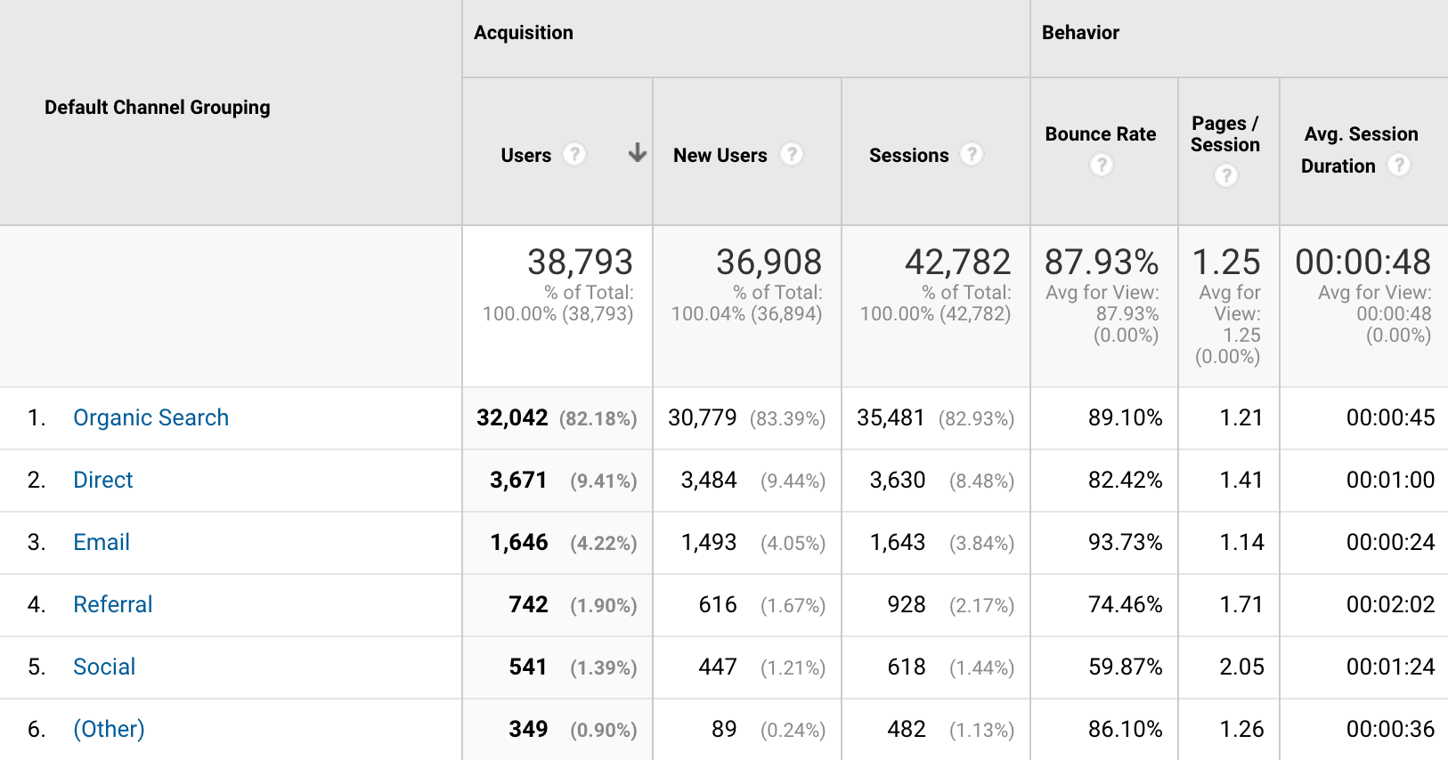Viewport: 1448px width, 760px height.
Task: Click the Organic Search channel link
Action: coord(150,417)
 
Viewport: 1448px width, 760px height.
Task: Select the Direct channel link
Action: coord(102,480)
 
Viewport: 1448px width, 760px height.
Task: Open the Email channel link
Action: coord(102,542)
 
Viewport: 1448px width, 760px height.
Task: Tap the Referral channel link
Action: coord(112,604)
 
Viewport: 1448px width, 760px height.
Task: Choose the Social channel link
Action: coord(104,667)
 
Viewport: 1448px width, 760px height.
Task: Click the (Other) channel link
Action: coord(109,729)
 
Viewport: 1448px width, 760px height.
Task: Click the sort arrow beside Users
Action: coord(637,153)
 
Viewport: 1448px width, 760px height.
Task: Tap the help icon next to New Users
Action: coord(792,154)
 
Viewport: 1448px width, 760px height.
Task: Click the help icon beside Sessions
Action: coord(972,154)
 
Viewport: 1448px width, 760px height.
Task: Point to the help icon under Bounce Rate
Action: coord(1102,165)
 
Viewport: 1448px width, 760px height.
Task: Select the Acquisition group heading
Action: coord(524,33)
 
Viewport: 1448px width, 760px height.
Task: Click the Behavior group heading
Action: coord(1080,33)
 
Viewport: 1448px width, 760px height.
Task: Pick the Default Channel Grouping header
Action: coord(158,108)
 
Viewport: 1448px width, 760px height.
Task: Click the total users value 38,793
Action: coord(580,262)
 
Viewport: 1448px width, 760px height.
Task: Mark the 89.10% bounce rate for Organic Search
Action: coord(1125,417)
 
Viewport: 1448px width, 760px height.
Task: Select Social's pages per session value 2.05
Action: coord(1241,667)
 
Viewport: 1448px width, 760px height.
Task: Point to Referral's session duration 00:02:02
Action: coord(1390,604)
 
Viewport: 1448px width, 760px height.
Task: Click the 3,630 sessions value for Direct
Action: coord(898,480)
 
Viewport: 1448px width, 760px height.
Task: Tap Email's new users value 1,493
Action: coord(709,542)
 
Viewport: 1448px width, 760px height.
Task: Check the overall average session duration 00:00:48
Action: coord(1363,262)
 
